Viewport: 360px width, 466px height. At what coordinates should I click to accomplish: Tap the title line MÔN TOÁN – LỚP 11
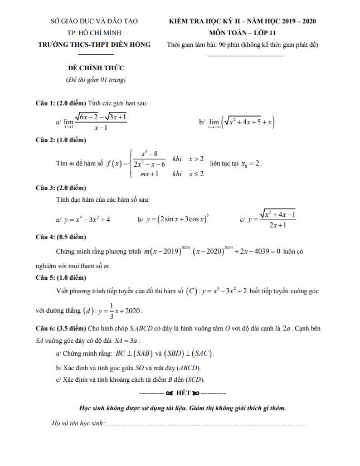coord(242,33)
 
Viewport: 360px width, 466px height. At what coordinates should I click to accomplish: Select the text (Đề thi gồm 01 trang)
coord(95,80)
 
